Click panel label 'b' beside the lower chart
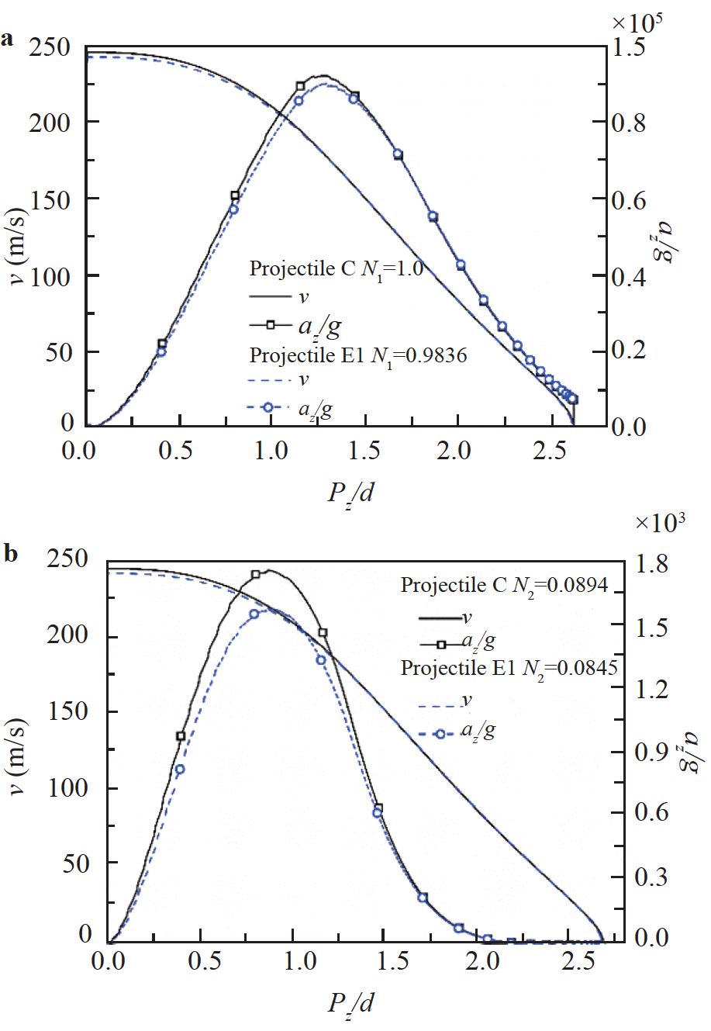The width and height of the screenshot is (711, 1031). pyautogui.click(x=10, y=554)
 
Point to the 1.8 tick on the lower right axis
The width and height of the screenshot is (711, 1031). pyautogui.click(x=651, y=564)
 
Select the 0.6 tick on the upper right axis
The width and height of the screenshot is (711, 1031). pyautogui.click(x=628, y=200)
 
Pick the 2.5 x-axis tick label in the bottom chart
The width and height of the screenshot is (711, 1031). pyautogui.click(x=578, y=961)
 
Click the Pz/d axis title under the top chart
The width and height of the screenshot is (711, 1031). pyautogui.click(x=350, y=492)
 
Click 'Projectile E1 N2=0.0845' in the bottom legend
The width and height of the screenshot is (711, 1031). pyautogui.click(x=509, y=668)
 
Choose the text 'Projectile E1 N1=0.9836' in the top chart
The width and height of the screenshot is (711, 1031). pyautogui.click(x=357, y=355)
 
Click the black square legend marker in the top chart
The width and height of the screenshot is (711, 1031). pyautogui.click(x=271, y=325)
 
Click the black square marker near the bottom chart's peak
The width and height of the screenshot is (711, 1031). pyautogui.click(x=256, y=575)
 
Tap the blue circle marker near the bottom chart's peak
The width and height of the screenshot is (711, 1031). pyautogui.click(x=254, y=614)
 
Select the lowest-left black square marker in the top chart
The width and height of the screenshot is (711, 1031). pyautogui.click(x=162, y=344)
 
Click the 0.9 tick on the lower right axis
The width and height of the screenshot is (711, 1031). pyautogui.click(x=651, y=752)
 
